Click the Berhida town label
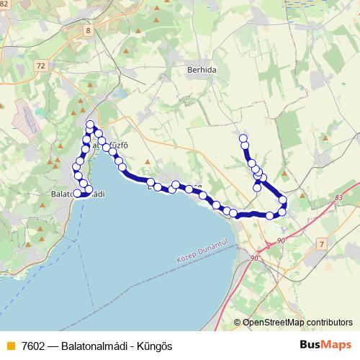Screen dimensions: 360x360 click(202, 71)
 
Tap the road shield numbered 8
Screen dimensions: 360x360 click(88, 30)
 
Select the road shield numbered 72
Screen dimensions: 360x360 click(40, 66)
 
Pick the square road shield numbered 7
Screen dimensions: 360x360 click(321, 246)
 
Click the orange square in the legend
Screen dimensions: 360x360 click(9, 346)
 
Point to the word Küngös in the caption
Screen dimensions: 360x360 click(157, 346)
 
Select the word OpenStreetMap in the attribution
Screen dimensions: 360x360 click(273, 323)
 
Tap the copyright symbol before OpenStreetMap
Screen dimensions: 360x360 click(237, 323)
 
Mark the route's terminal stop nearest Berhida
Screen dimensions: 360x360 click(243, 138)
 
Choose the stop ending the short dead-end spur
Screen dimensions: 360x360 click(257, 188)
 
